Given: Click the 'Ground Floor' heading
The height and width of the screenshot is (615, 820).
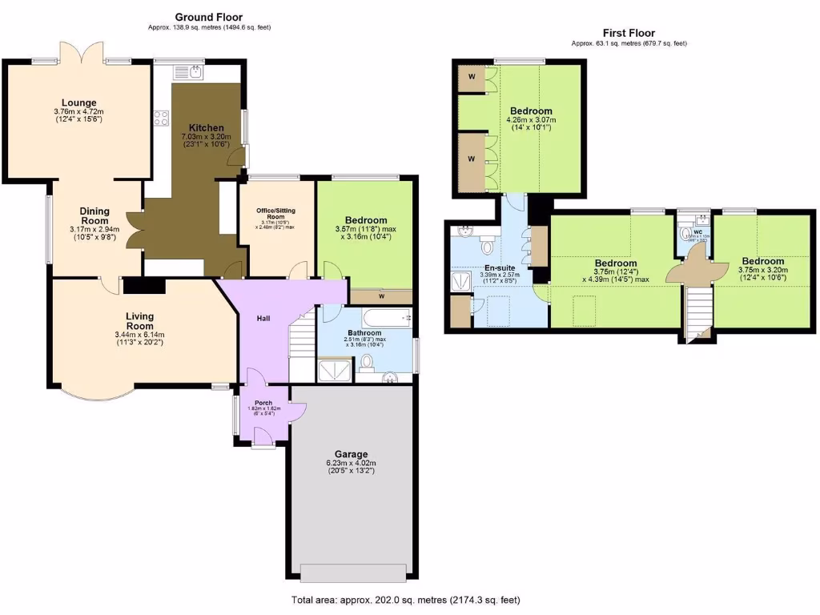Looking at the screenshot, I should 208,17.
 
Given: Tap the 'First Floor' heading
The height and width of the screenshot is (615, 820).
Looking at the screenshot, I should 629,33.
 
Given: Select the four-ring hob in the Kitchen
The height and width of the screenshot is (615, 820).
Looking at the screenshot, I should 160,118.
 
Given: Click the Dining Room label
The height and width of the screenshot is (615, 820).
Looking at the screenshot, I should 94,216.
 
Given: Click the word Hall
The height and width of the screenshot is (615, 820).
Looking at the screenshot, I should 263,318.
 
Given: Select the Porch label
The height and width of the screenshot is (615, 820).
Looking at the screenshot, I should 263,403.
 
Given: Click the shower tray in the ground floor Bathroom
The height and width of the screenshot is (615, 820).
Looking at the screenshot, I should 332,369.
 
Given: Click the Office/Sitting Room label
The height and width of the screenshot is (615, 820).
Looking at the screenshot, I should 275,214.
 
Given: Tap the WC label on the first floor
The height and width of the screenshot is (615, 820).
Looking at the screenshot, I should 697,232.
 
